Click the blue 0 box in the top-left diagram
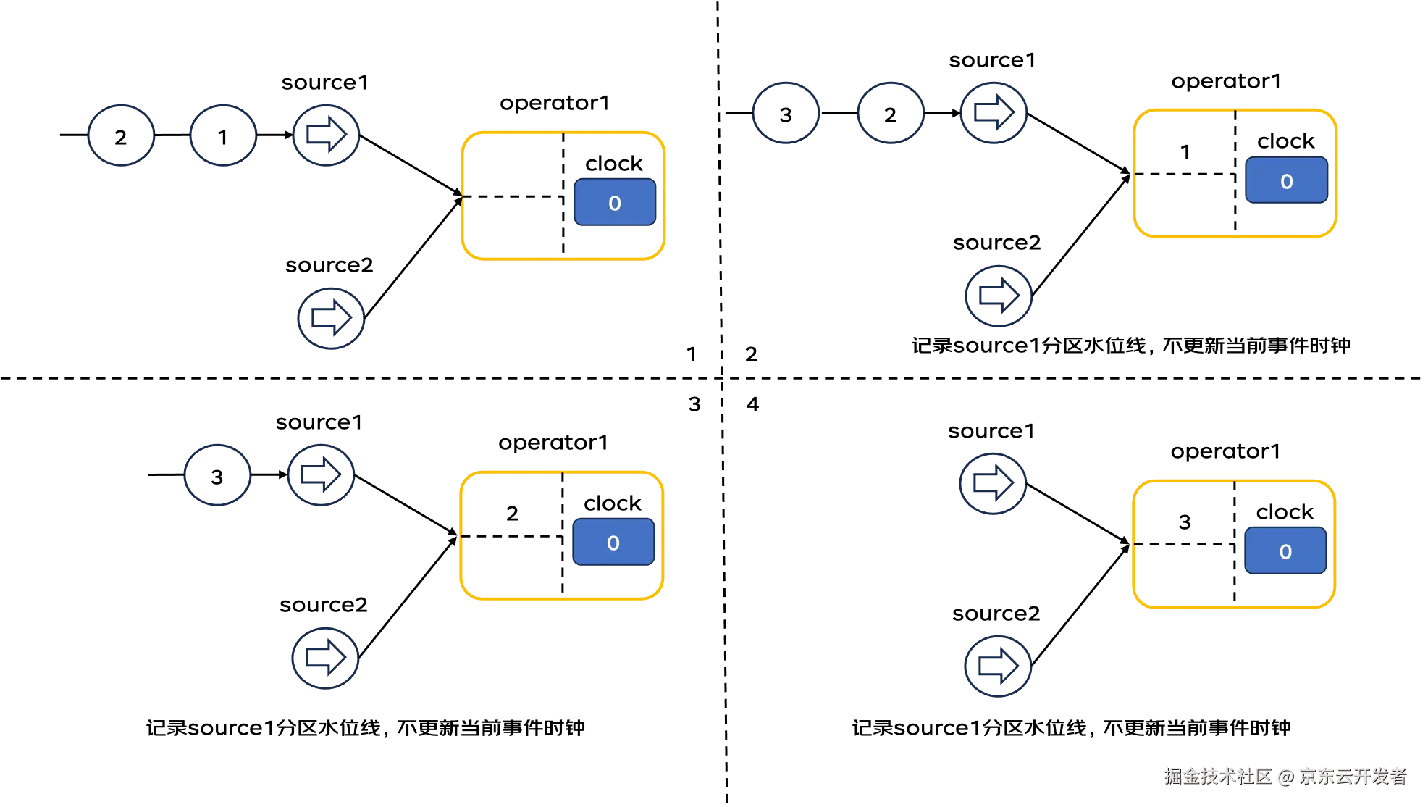615,203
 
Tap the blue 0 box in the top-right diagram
1286,181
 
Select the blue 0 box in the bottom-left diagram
613,543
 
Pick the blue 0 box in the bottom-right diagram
1285,551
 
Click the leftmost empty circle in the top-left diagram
122,135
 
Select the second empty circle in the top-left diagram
223,135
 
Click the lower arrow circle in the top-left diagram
330,319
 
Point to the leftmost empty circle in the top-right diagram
786,113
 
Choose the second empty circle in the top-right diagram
891,113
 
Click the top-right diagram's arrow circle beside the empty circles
994,113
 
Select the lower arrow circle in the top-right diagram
999,296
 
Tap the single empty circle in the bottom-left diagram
217,474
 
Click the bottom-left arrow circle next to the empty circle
322,474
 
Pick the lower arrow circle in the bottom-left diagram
325,658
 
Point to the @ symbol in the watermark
1285,777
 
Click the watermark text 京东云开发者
1352,776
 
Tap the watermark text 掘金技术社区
1217,776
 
